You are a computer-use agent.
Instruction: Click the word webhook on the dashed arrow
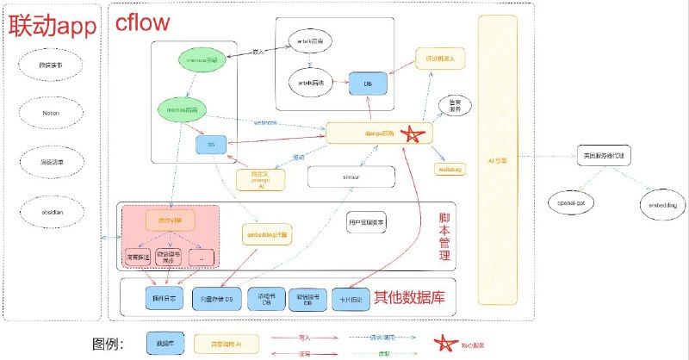click(x=264, y=122)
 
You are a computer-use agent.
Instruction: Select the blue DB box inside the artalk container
click(x=367, y=83)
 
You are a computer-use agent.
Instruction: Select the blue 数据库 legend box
click(x=164, y=344)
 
